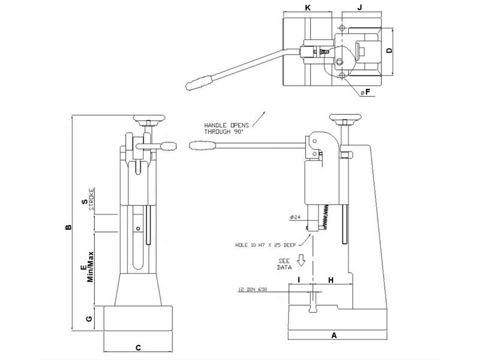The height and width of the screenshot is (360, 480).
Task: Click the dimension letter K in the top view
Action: tap(308, 7)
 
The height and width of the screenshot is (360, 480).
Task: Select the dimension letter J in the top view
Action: tap(359, 7)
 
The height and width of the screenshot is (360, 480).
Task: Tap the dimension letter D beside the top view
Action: tap(389, 51)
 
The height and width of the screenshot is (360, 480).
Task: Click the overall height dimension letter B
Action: tap(68, 227)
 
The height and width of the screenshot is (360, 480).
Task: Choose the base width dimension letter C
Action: tap(138, 347)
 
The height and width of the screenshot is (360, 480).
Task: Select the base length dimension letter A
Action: tap(334, 337)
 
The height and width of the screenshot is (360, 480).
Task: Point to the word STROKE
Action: tap(92, 200)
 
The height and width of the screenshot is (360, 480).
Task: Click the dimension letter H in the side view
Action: tap(331, 280)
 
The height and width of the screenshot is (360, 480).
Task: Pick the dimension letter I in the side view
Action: tap(298, 280)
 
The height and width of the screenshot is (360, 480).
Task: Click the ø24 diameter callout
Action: tap(295, 217)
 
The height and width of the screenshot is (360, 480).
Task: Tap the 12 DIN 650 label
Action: tap(253, 291)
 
